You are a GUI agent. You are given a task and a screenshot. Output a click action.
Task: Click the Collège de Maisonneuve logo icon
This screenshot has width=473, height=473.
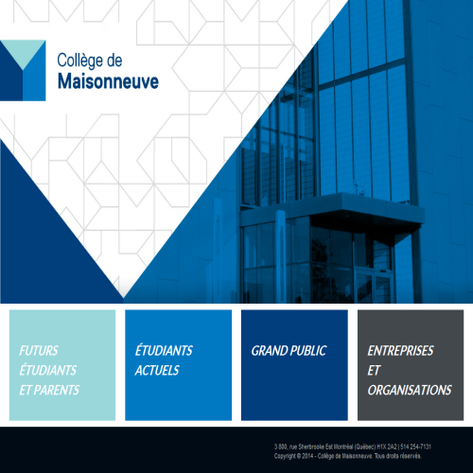point(23,70)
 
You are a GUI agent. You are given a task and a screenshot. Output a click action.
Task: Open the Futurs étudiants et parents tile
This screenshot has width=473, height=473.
point(62,364)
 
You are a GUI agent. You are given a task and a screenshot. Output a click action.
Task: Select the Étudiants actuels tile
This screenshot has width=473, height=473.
point(178,364)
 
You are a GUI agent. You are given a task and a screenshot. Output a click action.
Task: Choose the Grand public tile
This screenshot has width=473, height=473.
point(294,364)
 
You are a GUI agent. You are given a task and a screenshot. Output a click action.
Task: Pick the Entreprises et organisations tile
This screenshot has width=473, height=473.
point(411,364)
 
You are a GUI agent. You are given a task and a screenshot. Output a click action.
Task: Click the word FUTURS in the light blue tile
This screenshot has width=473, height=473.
point(38,350)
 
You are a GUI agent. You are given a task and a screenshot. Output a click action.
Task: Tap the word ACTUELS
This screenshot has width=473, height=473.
point(157,370)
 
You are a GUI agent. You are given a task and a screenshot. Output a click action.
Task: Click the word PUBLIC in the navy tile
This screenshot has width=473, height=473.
point(307,350)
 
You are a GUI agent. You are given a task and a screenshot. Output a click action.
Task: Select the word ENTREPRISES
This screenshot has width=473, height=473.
point(400,350)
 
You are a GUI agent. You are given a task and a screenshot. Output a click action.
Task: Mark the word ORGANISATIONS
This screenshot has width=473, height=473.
point(410,390)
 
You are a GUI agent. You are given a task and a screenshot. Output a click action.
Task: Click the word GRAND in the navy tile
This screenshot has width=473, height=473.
point(269,350)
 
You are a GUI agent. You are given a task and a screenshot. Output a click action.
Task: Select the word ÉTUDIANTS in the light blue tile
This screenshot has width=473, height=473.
point(48,370)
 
